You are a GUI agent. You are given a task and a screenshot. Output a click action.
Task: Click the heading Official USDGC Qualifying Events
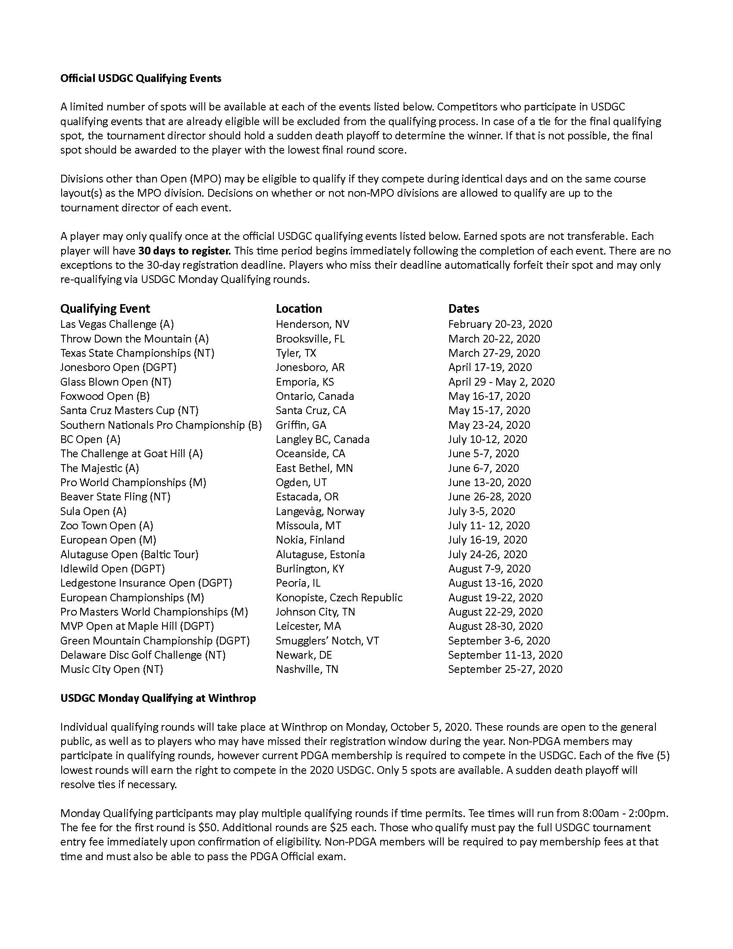click(141, 79)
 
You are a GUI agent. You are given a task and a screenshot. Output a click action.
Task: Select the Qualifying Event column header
click(105, 309)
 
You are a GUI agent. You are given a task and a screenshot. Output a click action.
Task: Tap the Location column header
click(299, 309)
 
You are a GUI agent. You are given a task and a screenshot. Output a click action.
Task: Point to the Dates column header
click(464, 309)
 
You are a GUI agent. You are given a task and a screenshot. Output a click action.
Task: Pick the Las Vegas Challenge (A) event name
click(117, 324)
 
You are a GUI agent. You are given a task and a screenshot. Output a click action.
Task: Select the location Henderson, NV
click(312, 324)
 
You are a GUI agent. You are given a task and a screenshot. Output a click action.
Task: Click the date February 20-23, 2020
click(500, 324)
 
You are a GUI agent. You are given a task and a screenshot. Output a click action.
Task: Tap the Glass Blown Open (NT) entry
click(116, 382)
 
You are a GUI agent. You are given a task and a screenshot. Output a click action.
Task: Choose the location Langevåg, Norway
click(320, 512)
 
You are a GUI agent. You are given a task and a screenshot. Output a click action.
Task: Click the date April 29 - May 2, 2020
click(501, 382)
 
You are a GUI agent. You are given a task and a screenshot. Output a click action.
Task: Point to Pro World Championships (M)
click(133, 482)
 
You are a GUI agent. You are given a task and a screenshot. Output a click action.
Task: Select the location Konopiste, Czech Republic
click(339, 597)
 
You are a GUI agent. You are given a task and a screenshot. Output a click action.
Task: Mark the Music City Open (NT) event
click(112, 669)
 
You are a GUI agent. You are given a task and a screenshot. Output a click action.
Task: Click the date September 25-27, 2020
click(505, 669)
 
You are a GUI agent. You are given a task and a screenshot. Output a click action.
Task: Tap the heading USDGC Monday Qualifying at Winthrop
click(158, 698)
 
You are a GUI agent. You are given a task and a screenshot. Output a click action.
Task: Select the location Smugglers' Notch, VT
click(327, 641)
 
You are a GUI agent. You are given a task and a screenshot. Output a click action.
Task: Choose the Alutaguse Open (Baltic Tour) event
click(129, 554)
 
